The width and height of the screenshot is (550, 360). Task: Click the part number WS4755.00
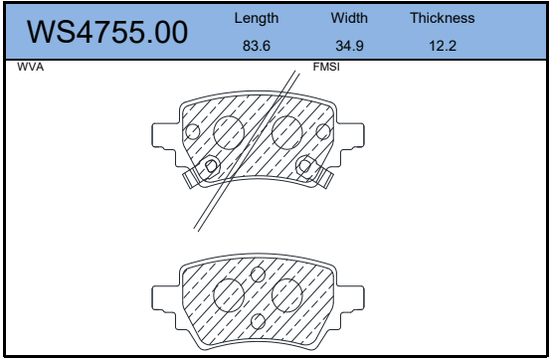pos(107,32)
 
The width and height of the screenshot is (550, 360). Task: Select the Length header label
pos(257,18)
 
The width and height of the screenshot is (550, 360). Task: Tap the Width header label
pos(349,18)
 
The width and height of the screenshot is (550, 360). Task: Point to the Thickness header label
pos(443,18)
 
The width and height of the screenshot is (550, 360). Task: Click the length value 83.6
pos(257,46)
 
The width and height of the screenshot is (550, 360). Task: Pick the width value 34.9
pos(349,46)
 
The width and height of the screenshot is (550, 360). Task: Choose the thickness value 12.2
pos(443,46)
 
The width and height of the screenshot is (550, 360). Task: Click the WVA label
pos(31,67)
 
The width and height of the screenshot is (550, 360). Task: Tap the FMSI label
pos(326,67)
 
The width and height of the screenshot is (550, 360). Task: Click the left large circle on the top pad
pos(214,132)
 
